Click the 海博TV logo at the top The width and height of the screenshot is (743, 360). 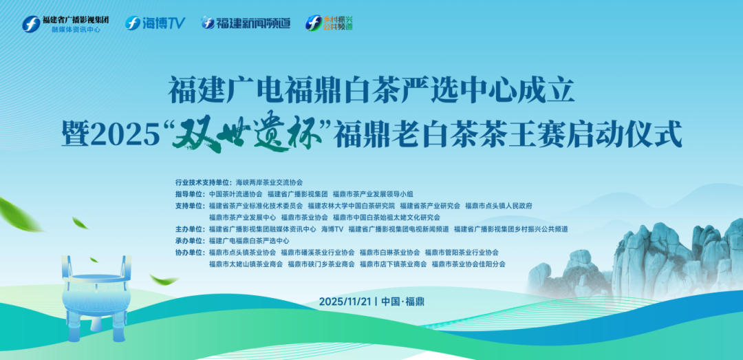point(155,23)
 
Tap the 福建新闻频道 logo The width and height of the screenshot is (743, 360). point(245,23)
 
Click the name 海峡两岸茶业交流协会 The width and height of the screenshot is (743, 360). point(269,183)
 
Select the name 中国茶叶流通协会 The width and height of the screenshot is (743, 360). point(235,195)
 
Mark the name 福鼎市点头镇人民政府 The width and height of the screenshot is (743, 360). point(498,206)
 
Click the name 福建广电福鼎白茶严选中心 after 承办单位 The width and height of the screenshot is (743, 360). point(249,240)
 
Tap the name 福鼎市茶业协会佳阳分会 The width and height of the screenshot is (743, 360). point(469,264)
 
